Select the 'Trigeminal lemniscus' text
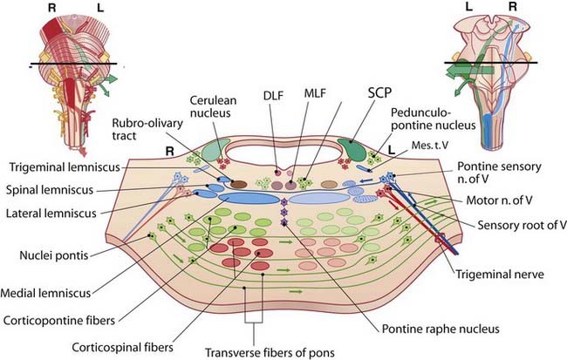[x=56, y=167]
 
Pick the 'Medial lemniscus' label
[x=48, y=292]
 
